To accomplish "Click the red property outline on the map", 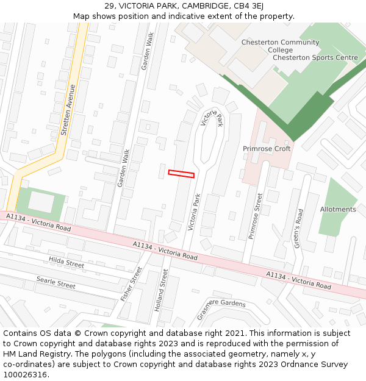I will pyautogui.click(x=181, y=174).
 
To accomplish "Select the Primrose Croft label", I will pyautogui.click(x=267, y=149).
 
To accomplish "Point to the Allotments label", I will pyautogui.click(x=338, y=209).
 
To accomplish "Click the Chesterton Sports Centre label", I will pyautogui.click(x=315, y=57).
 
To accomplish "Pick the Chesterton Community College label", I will pyautogui.click(x=280, y=46).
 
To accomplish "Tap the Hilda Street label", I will pyautogui.click(x=66, y=263).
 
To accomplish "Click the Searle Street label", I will pyautogui.click(x=56, y=282).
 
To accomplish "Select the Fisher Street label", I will pyautogui.click(x=131, y=283).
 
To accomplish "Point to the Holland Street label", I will pyautogui.click(x=161, y=290).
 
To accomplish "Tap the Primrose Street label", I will pyautogui.click(x=256, y=216).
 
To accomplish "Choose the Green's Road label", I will pyautogui.click(x=297, y=229).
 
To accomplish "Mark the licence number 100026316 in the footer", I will pyautogui.click(x=25, y=374).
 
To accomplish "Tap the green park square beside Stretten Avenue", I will pyautogui.click(x=40, y=204).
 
